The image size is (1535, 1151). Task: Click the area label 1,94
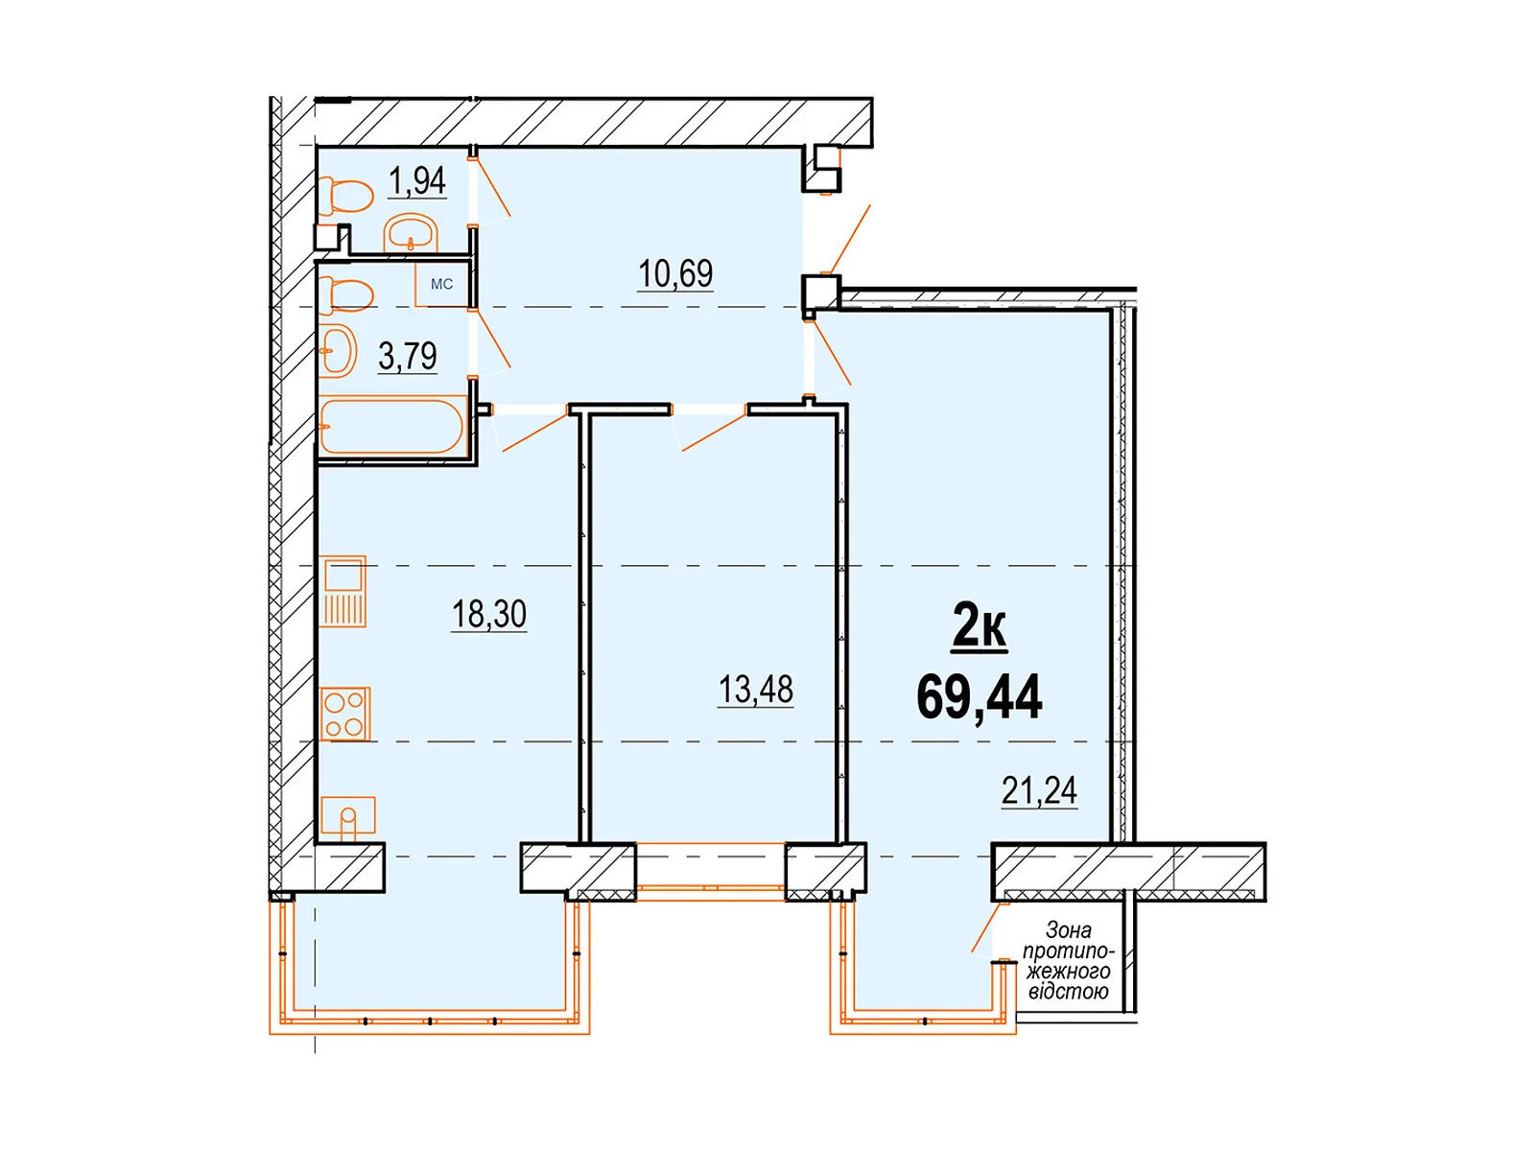click(416, 181)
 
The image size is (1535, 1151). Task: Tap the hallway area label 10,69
click(674, 273)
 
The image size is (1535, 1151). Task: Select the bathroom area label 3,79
click(408, 356)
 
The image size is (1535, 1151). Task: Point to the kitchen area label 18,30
click(489, 614)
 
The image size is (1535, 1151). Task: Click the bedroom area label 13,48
click(755, 690)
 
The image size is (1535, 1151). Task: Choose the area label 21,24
click(1039, 791)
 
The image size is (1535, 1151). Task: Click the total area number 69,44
click(980, 696)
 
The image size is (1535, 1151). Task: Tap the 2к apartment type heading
click(980, 627)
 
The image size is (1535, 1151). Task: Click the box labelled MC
click(441, 285)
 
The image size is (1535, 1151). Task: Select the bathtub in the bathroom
click(392, 426)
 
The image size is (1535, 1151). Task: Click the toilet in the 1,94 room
click(345, 196)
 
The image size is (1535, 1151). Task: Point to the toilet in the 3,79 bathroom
click(345, 294)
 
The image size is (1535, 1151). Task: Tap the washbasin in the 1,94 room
click(411, 233)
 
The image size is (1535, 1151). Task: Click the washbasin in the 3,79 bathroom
click(339, 350)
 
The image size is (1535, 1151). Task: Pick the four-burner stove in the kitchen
click(344, 714)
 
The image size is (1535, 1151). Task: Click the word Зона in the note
click(1068, 930)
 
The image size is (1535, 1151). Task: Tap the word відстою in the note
click(1068, 991)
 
